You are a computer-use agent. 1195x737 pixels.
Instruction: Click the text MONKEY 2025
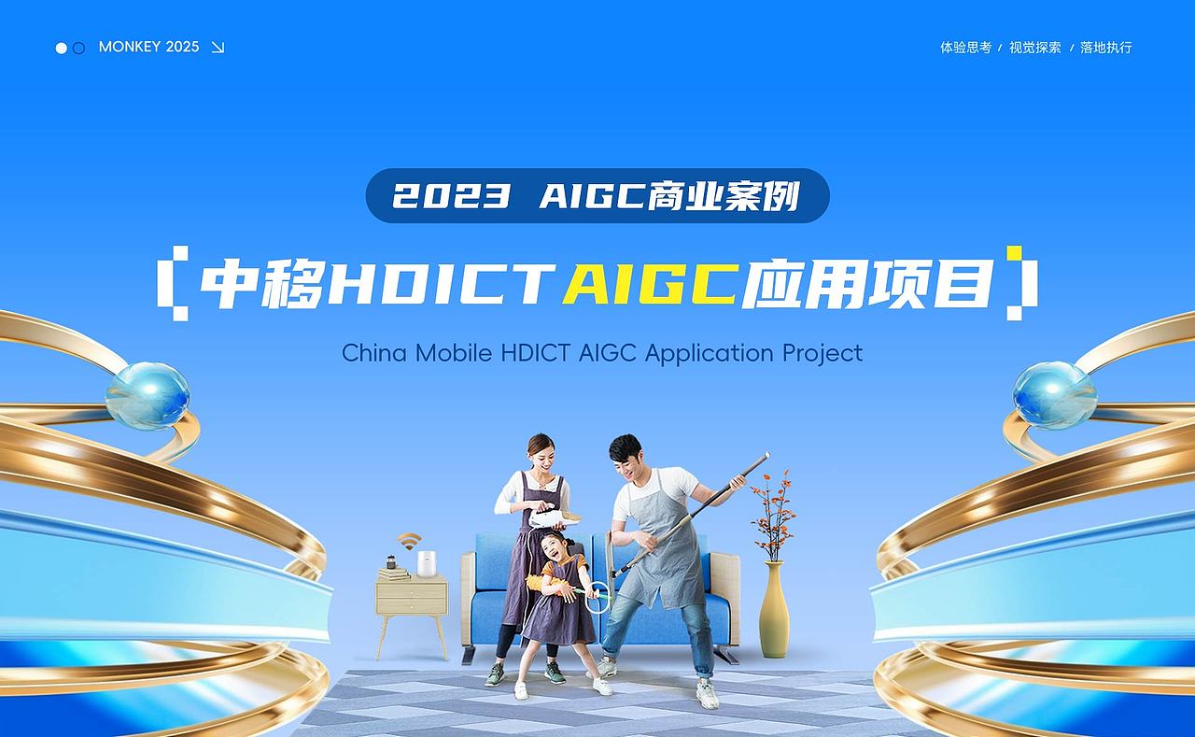tap(148, 47)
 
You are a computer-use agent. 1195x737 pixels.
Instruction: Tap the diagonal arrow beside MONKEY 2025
tap(218, 48)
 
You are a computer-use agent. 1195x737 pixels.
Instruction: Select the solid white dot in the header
tap(62, 48)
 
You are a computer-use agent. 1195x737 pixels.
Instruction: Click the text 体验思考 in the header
tap(965, 48)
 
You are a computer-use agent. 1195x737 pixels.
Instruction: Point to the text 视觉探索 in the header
tap(1035, 48)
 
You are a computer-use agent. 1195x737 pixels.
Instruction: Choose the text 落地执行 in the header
tap(1106, 48)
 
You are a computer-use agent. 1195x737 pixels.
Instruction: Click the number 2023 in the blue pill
tap(452, 196)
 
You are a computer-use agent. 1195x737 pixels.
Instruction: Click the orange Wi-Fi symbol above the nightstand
tap(409, 542)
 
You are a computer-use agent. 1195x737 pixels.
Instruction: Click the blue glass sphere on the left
tap(148, 395)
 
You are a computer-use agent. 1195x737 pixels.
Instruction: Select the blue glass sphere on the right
tap(1055, 395)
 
